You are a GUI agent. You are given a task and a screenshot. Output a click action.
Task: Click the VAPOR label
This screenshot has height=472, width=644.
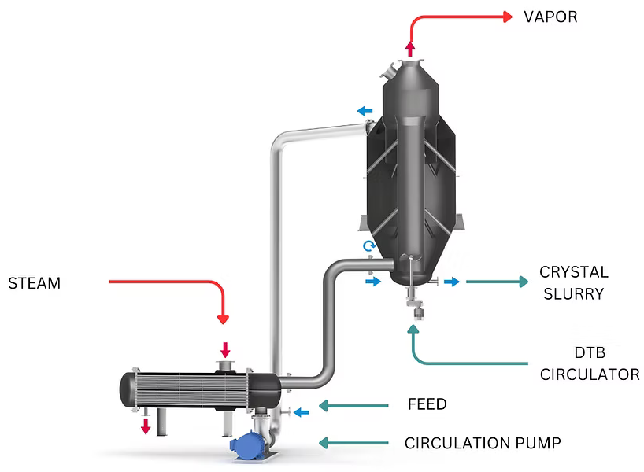550,17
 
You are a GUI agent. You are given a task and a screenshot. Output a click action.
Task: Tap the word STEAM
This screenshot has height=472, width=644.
34,283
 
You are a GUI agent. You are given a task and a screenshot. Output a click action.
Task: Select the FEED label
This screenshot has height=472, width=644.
427,404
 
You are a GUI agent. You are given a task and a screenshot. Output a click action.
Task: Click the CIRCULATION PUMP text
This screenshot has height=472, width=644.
483,443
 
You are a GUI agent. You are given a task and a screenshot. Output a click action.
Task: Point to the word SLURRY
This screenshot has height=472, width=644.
573,294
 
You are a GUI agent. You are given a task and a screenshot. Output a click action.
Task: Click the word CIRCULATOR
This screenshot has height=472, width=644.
589,374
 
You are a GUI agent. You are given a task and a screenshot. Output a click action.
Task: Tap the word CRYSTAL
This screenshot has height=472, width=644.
573,272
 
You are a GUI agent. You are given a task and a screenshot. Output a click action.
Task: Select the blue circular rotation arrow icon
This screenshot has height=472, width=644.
368,246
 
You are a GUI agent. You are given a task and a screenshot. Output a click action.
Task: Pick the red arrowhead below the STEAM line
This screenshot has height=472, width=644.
223,319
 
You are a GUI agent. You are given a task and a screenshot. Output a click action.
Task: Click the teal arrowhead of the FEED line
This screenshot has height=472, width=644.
322,406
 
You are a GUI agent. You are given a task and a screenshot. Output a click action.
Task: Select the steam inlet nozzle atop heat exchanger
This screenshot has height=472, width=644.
225,365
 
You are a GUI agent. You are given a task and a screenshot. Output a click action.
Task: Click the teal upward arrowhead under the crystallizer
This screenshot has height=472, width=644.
415,329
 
